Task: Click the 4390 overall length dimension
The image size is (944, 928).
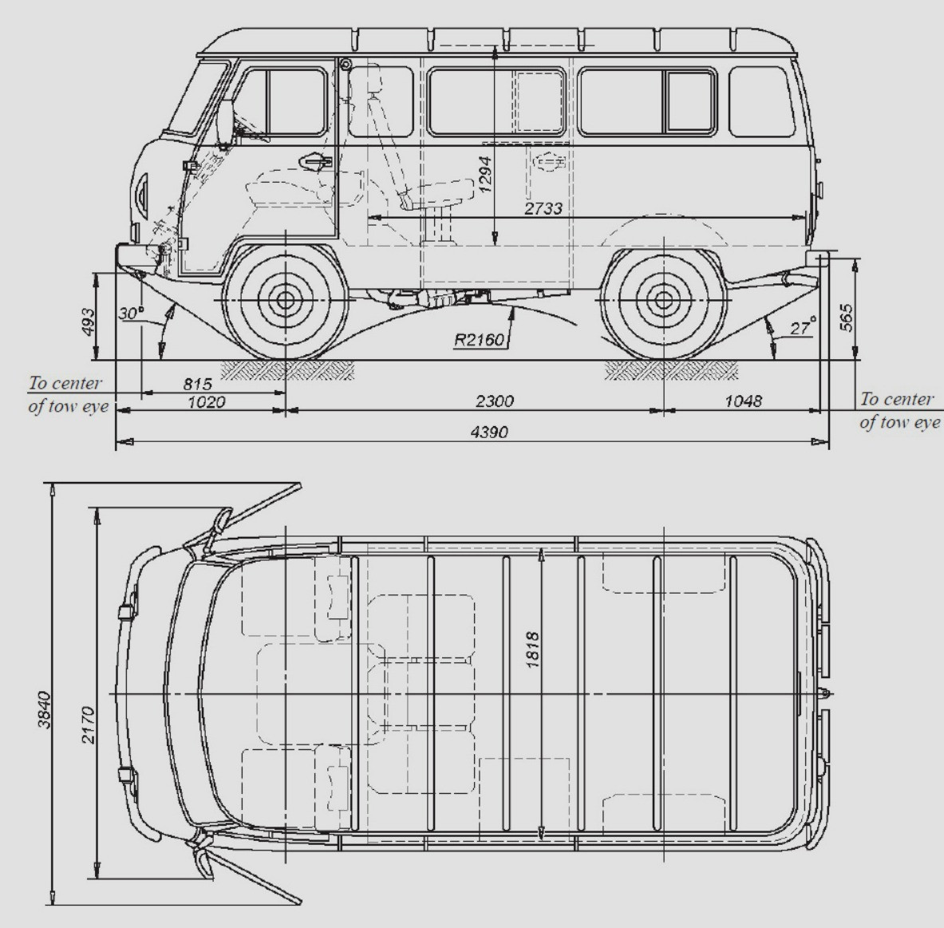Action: click(490, 432)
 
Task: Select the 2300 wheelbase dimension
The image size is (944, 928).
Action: click(494, 401)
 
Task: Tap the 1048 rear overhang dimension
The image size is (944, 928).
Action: click(743, 401)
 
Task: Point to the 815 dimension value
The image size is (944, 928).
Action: click(197, 384)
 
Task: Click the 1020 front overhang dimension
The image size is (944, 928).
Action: click(206, 401)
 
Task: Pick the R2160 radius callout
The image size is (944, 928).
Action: click(479, 340)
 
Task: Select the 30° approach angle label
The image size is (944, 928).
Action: click(131, 313)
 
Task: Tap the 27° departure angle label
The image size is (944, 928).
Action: click(803, 327)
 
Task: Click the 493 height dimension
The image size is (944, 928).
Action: click(88, 322)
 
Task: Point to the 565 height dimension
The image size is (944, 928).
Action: click(846, 318)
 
